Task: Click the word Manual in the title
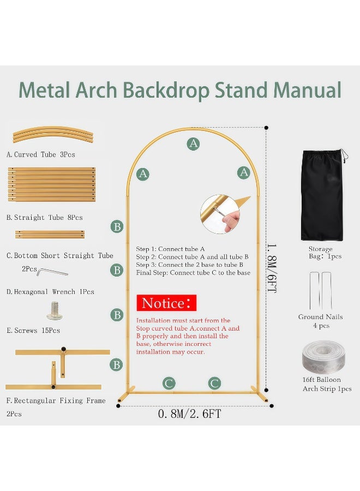(308, 90)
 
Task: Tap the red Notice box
(166, 303)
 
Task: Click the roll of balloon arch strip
(323, 357)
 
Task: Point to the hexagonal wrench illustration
(52, 272)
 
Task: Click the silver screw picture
(55, 310)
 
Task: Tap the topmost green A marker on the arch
(194, 143)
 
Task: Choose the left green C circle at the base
(169, 383)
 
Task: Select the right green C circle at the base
(214, 383)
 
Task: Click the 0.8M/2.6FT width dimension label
(189, 414)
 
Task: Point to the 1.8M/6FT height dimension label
(272, 268)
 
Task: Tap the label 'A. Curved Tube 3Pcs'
(41, 154)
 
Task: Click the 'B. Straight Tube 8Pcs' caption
(44, 217)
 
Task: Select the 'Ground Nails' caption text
(321, 317)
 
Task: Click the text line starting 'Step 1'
(170, 249)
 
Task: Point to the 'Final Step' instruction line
(193, 273)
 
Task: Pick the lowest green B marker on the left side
(116, 364)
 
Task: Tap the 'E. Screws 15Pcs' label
(33, 331)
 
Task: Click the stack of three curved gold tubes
(53, 135)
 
